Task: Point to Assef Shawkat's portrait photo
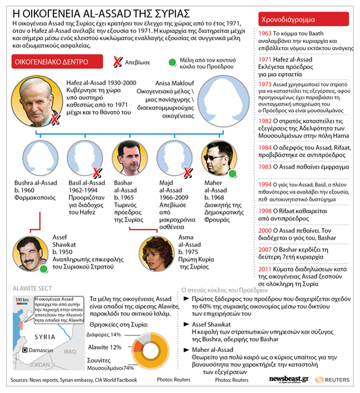pyautogui.click(x=31, y=253)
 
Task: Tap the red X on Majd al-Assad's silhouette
pyautogui.click(x=188, y=172)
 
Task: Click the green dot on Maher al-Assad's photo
pyautogui.click(x=232, y=174)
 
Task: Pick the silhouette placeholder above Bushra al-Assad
pyautogui.click(x=36, y=158)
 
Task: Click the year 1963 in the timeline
pyautogui.click(x=265, y=33)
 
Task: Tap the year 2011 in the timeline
pyautogui.click(x=265, y=269)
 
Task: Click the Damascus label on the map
pyautogui.click(x=41, y=350)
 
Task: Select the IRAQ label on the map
pyautogui.click(x=69, y=352)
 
